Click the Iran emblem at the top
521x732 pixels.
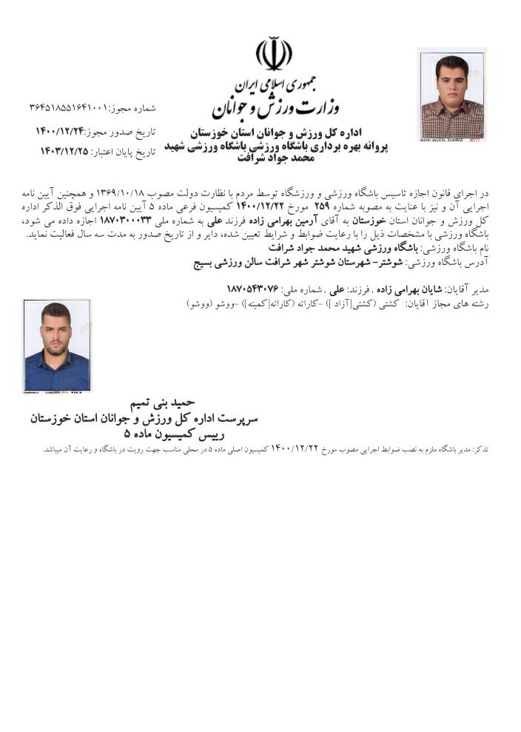(x=273, y=54)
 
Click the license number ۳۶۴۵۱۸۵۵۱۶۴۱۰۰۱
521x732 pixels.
(x=68, y=108)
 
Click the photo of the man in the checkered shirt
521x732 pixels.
(x=451, y=95)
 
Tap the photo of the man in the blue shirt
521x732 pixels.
(x=57, y=346)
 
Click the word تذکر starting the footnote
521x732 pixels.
(x=481, y=449)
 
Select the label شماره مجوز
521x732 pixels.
(x=133, y=108)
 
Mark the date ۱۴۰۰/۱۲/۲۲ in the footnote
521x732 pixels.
(x=294, y=449)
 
